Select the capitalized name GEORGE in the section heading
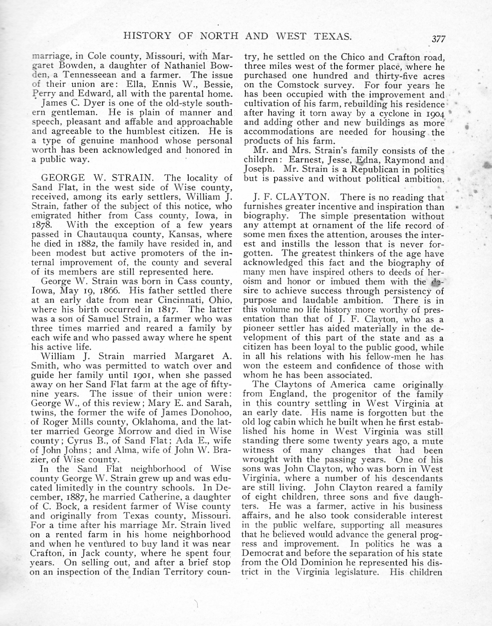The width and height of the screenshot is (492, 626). (x=62, y=178)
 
